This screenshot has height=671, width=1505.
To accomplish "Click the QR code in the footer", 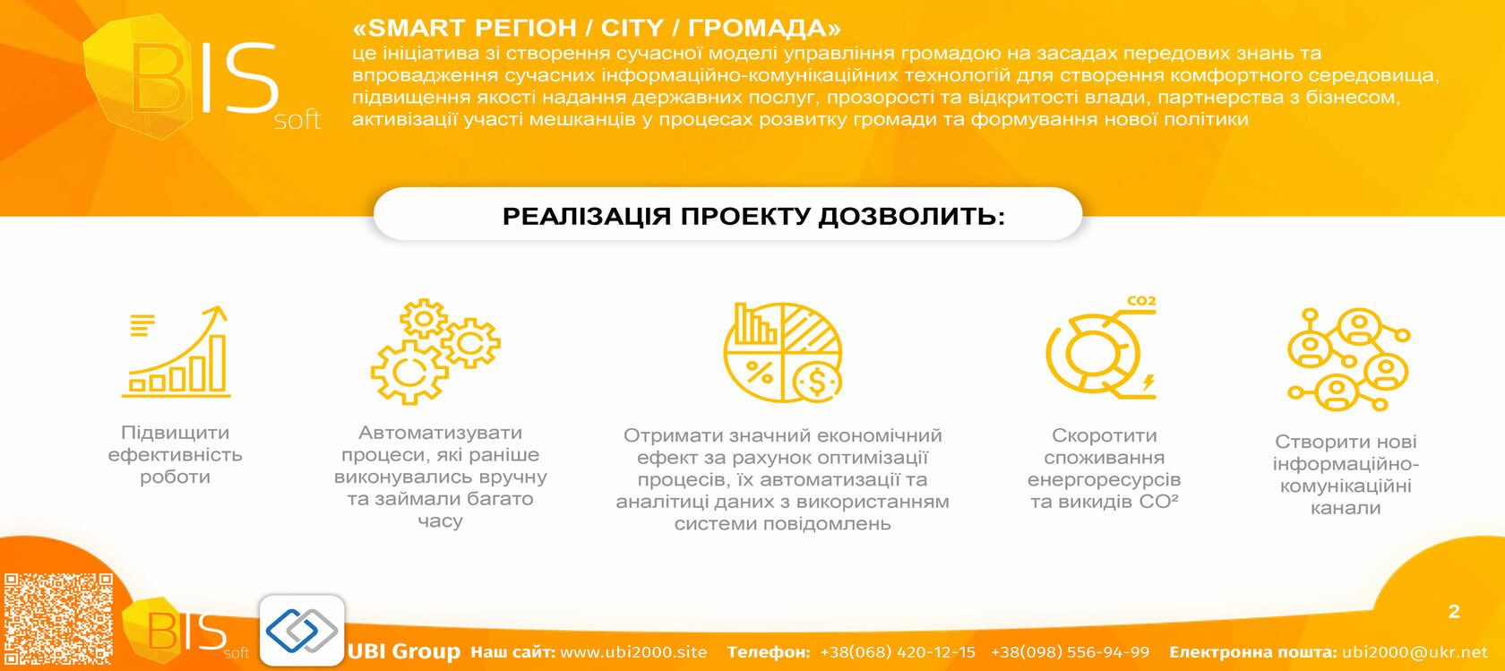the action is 58,619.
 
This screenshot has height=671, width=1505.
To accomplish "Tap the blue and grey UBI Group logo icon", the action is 302,630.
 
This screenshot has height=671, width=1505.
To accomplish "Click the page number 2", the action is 1454,611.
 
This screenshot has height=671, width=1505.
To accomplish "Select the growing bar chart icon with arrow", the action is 176,351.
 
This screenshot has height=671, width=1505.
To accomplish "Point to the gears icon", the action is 435,351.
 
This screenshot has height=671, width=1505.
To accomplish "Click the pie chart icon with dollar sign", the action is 783,352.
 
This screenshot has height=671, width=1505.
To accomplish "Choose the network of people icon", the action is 1348,359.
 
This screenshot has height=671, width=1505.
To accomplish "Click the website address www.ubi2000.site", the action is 633,652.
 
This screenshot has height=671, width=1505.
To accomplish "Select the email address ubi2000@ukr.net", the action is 1415,652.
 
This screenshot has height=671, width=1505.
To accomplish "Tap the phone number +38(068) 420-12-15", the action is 898,652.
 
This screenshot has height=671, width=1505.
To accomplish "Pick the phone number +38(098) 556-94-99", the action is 1071,652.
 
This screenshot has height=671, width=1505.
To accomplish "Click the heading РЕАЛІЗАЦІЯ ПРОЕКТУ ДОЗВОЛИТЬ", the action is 754,216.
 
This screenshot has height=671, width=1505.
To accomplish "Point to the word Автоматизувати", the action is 440,432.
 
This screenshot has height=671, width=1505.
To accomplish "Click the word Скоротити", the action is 1104,435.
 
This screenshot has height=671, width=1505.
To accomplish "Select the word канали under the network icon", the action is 1346,509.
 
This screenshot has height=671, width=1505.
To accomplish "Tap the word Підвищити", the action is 175,433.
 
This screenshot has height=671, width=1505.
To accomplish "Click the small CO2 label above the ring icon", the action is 1141,301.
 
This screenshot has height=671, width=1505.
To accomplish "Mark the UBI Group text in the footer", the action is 404,651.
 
